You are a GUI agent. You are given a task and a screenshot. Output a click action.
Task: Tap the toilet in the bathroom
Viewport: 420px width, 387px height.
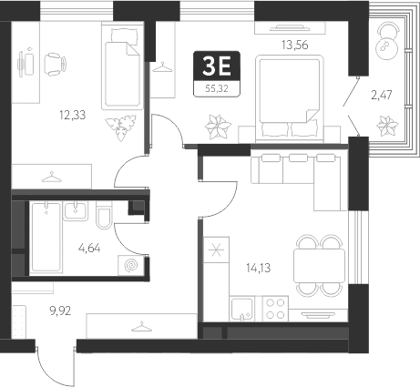coord(105,219)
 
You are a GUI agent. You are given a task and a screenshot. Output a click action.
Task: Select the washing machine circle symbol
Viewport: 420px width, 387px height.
coord(132,265)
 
